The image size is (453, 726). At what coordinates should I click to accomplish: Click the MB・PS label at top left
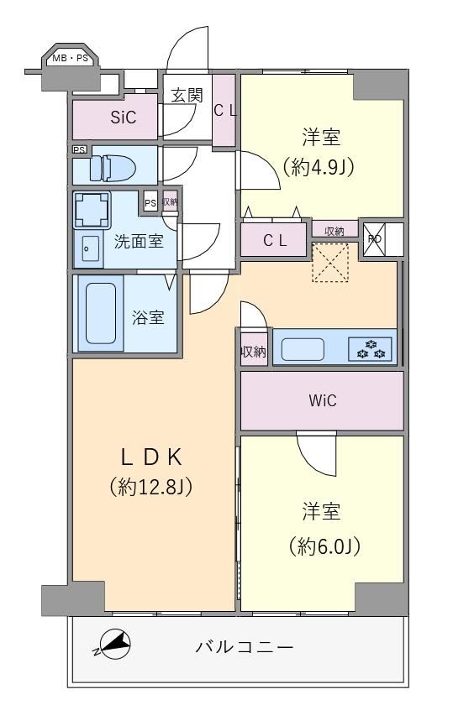(70, 59)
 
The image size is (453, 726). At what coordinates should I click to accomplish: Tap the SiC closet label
(124, 118)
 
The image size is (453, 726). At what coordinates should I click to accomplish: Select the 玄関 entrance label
(187, 96)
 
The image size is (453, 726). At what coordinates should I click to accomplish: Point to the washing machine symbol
(92, 210)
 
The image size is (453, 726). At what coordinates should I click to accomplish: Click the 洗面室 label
(139, 241)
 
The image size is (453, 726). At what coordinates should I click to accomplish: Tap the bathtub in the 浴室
(101, 313)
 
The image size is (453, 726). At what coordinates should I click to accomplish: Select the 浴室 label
(148, 317)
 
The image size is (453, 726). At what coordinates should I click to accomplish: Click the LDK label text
(151, 457)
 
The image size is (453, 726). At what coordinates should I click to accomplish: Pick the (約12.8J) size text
(151, 487)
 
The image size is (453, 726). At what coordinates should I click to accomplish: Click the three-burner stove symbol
(370, 349)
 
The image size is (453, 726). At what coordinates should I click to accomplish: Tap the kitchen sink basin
(303, 349)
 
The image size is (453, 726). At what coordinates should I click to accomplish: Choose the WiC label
(322, 400)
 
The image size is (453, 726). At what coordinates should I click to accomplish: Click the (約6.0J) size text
(324, 547)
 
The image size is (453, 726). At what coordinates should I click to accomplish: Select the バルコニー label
(244, 646)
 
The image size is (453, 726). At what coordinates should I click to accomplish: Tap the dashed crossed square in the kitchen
(329, 263)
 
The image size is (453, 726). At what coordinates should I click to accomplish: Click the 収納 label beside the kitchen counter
(254, 352)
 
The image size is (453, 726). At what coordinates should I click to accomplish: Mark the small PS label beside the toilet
(79, 149)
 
